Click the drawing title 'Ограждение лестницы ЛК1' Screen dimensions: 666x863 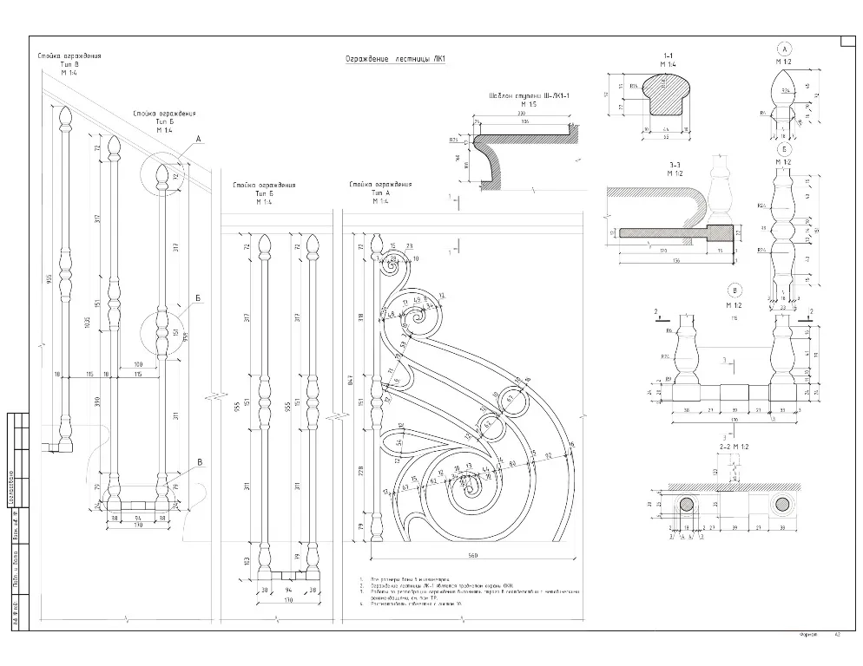pos(395,60)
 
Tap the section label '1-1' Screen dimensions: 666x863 pos(668,55)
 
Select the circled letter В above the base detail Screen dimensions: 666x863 pos(736,291)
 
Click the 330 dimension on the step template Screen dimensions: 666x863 pos(522,114)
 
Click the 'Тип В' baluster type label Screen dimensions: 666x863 pos(69,65)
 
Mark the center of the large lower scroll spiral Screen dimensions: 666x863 pos(471,490)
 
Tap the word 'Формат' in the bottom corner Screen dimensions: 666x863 pos(809,636)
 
